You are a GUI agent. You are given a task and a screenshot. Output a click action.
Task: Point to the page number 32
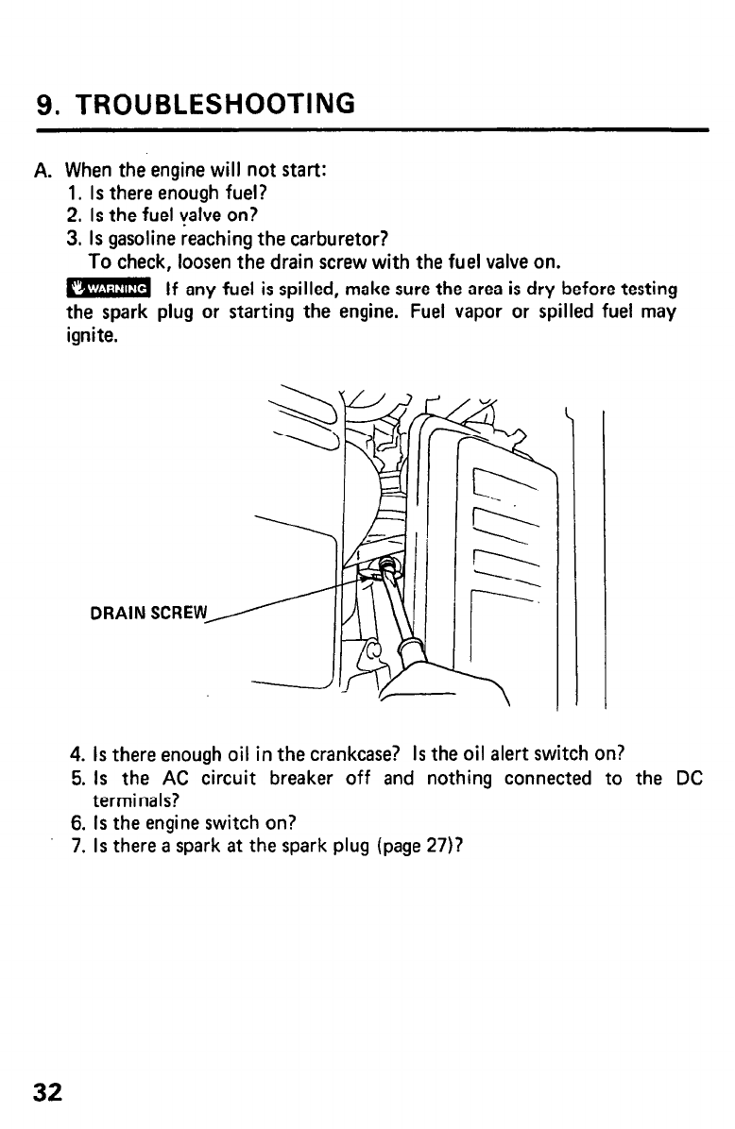(x=47, y=1092)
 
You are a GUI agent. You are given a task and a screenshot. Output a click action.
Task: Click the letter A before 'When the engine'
(x=41, y=173)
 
